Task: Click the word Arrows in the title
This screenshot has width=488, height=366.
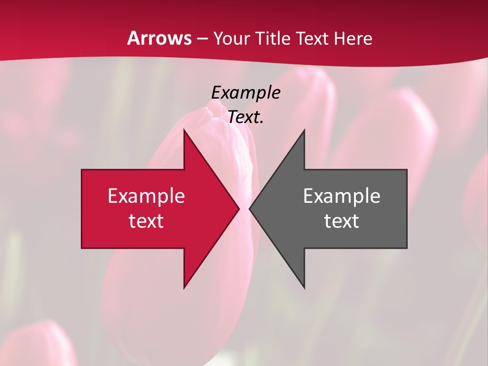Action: click(160, 38)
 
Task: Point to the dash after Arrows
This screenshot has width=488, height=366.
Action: click(202, 39)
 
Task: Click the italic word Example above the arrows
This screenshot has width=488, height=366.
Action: click(246, 93)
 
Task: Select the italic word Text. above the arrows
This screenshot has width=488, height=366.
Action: click(246, 117)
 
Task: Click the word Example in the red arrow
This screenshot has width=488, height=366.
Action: click(146, 196)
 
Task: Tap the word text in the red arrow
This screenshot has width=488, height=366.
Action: click(146, 221)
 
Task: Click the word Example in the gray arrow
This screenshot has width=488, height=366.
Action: click(342, 196)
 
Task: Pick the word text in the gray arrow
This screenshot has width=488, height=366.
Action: click(342, 221)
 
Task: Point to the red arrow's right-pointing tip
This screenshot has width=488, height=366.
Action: click(238, 208)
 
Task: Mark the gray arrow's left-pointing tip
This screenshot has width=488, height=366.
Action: click(250, 208)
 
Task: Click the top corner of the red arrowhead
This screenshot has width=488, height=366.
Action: click(184, 130)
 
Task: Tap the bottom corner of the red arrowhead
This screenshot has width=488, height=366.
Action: click(184, 288)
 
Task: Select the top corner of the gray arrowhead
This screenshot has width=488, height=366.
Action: click(304, 130)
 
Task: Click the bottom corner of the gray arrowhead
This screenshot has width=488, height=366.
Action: click(304, 288)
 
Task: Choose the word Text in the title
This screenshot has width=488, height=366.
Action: click(311, 38)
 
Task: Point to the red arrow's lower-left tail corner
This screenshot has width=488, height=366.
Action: click(82, 248)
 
